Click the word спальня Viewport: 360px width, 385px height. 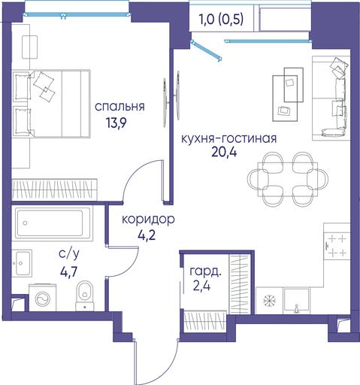(x=119, y=107)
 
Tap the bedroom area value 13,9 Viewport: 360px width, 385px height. (x=116, y=123)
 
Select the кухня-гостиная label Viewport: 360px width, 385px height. (x=228, y=138)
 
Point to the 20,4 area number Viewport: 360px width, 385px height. (x=224, y=152)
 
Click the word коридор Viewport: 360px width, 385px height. (x=148, y=220)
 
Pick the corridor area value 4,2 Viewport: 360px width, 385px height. (x=147, y=235)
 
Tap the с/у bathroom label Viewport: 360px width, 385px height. (x=69, y=254)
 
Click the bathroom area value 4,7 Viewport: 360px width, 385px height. (x=68, y=271)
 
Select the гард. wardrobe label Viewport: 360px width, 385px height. (x=206, y=271)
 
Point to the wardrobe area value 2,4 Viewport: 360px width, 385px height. (x=201, y=286)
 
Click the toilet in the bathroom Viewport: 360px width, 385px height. (x=85, y=296)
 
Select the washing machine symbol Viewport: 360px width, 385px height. (x=43, y=298)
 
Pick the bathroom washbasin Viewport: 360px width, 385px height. (x=22, y=262)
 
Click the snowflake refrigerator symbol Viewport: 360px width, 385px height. (x=270, y=301)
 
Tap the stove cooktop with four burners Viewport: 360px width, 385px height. (x=337, y=246)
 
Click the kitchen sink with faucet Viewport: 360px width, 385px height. (x=297, y=301)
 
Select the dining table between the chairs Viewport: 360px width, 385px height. (x=288, y=179)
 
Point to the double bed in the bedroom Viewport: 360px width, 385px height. (x=51, y=103)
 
